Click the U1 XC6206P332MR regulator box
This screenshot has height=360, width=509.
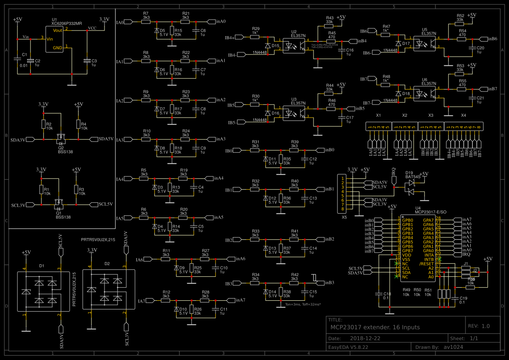55,39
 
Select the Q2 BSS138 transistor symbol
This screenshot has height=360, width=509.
61,139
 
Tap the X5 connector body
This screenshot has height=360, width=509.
344,193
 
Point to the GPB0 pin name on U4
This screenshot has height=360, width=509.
408,220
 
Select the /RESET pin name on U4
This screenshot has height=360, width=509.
426,264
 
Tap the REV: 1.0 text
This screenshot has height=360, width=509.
479,326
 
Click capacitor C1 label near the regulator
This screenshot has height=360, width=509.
24,55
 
